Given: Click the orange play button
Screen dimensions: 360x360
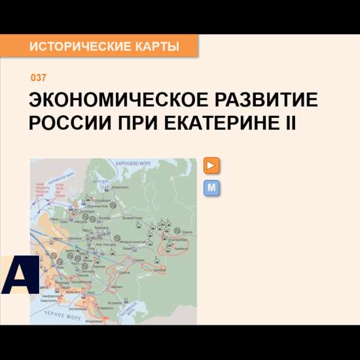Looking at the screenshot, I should coord(211,166).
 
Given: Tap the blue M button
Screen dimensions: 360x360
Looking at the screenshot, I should coord(211,189).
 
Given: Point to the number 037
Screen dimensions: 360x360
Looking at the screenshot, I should coord(39,79).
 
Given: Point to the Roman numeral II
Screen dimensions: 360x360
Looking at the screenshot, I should coord(289,122).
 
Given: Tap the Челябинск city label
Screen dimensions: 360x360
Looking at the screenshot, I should coord(182,249).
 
